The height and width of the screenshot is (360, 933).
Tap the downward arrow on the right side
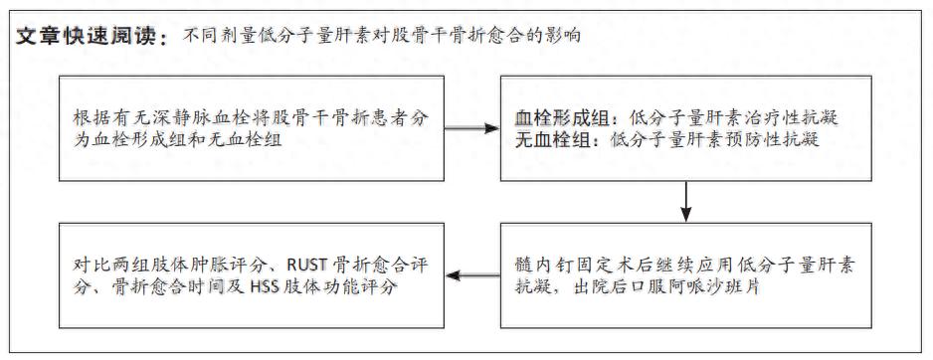tap(686, 204)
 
